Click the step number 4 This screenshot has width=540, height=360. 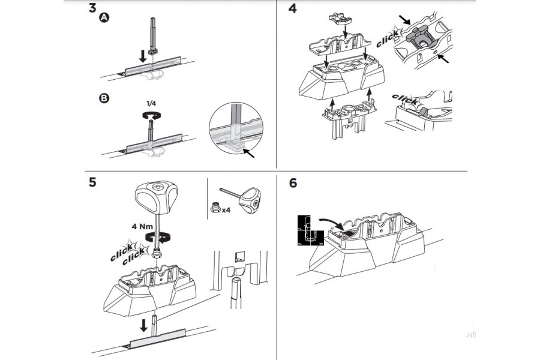(x=293, y=10)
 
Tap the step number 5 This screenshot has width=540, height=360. (x=92, y=182)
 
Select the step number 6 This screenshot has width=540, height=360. (x=293, y=182)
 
